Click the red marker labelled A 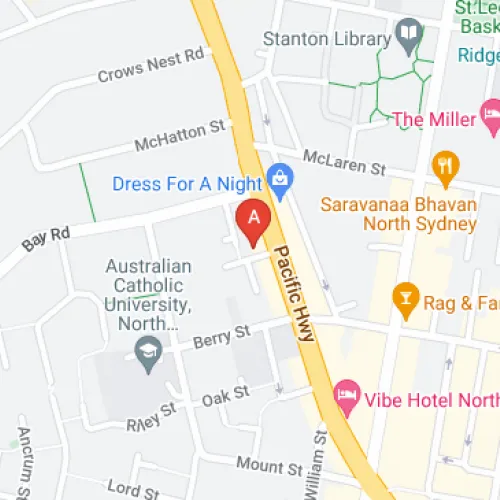(252, 219)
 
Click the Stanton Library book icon (408, 37)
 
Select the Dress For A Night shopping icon (281, 180)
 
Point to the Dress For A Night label (187, 184)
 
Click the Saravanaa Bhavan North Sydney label (398, 213)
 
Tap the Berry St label (222, 331)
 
